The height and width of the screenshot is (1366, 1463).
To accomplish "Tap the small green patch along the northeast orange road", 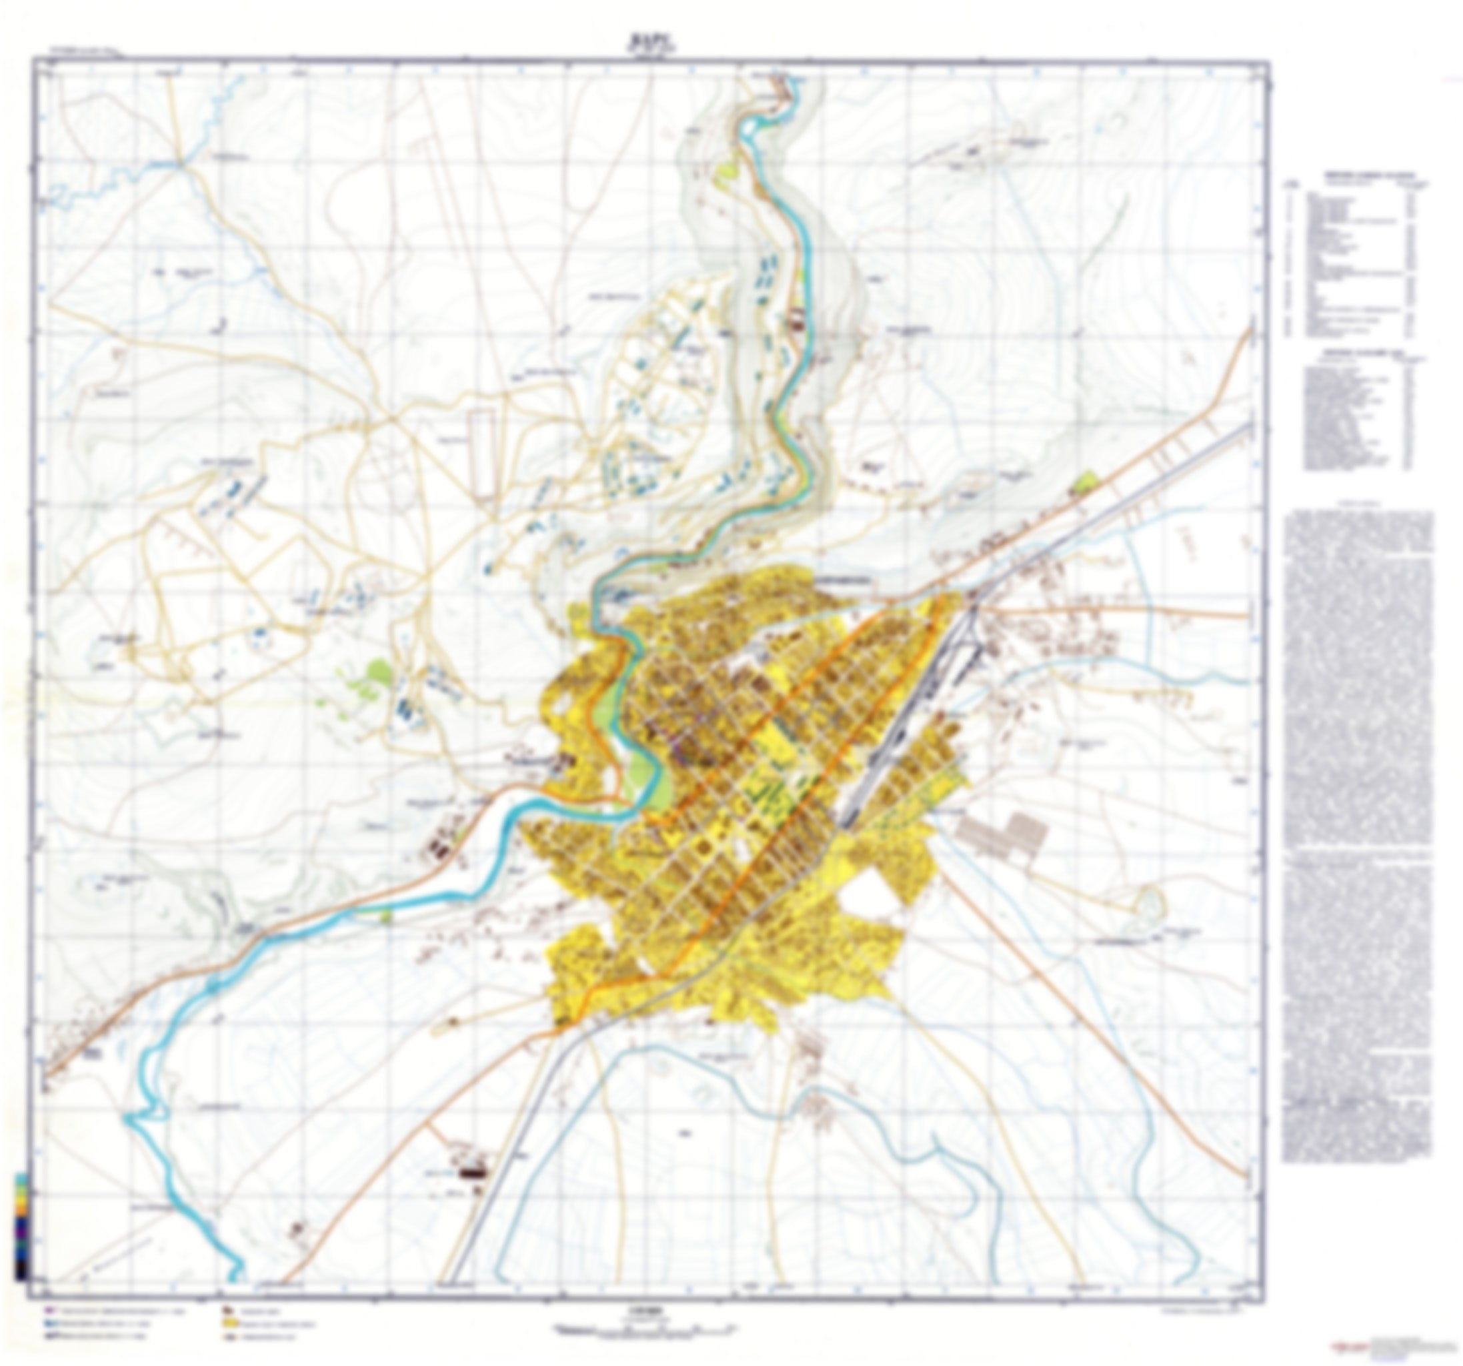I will pyautogui.click(x=1085, y=482).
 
